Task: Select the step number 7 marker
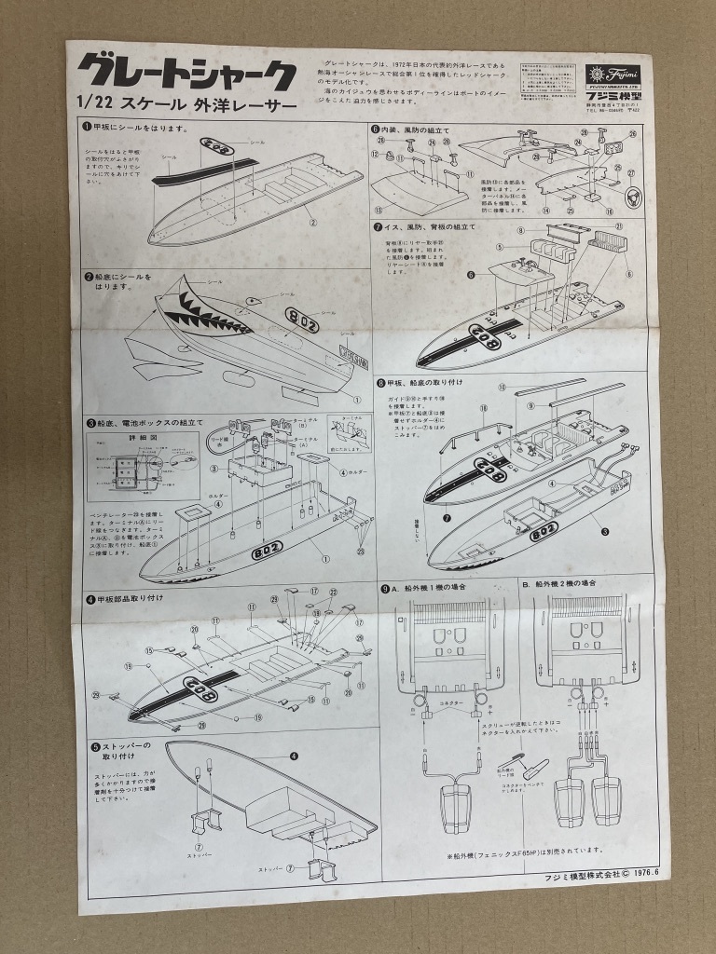click(x=377, y=226)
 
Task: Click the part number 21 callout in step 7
click(x=618, y=227)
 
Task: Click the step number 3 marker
click(x=90, y=423)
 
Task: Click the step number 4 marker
click(x=90, y=597)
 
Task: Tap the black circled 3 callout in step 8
click(x=606, y=532)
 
